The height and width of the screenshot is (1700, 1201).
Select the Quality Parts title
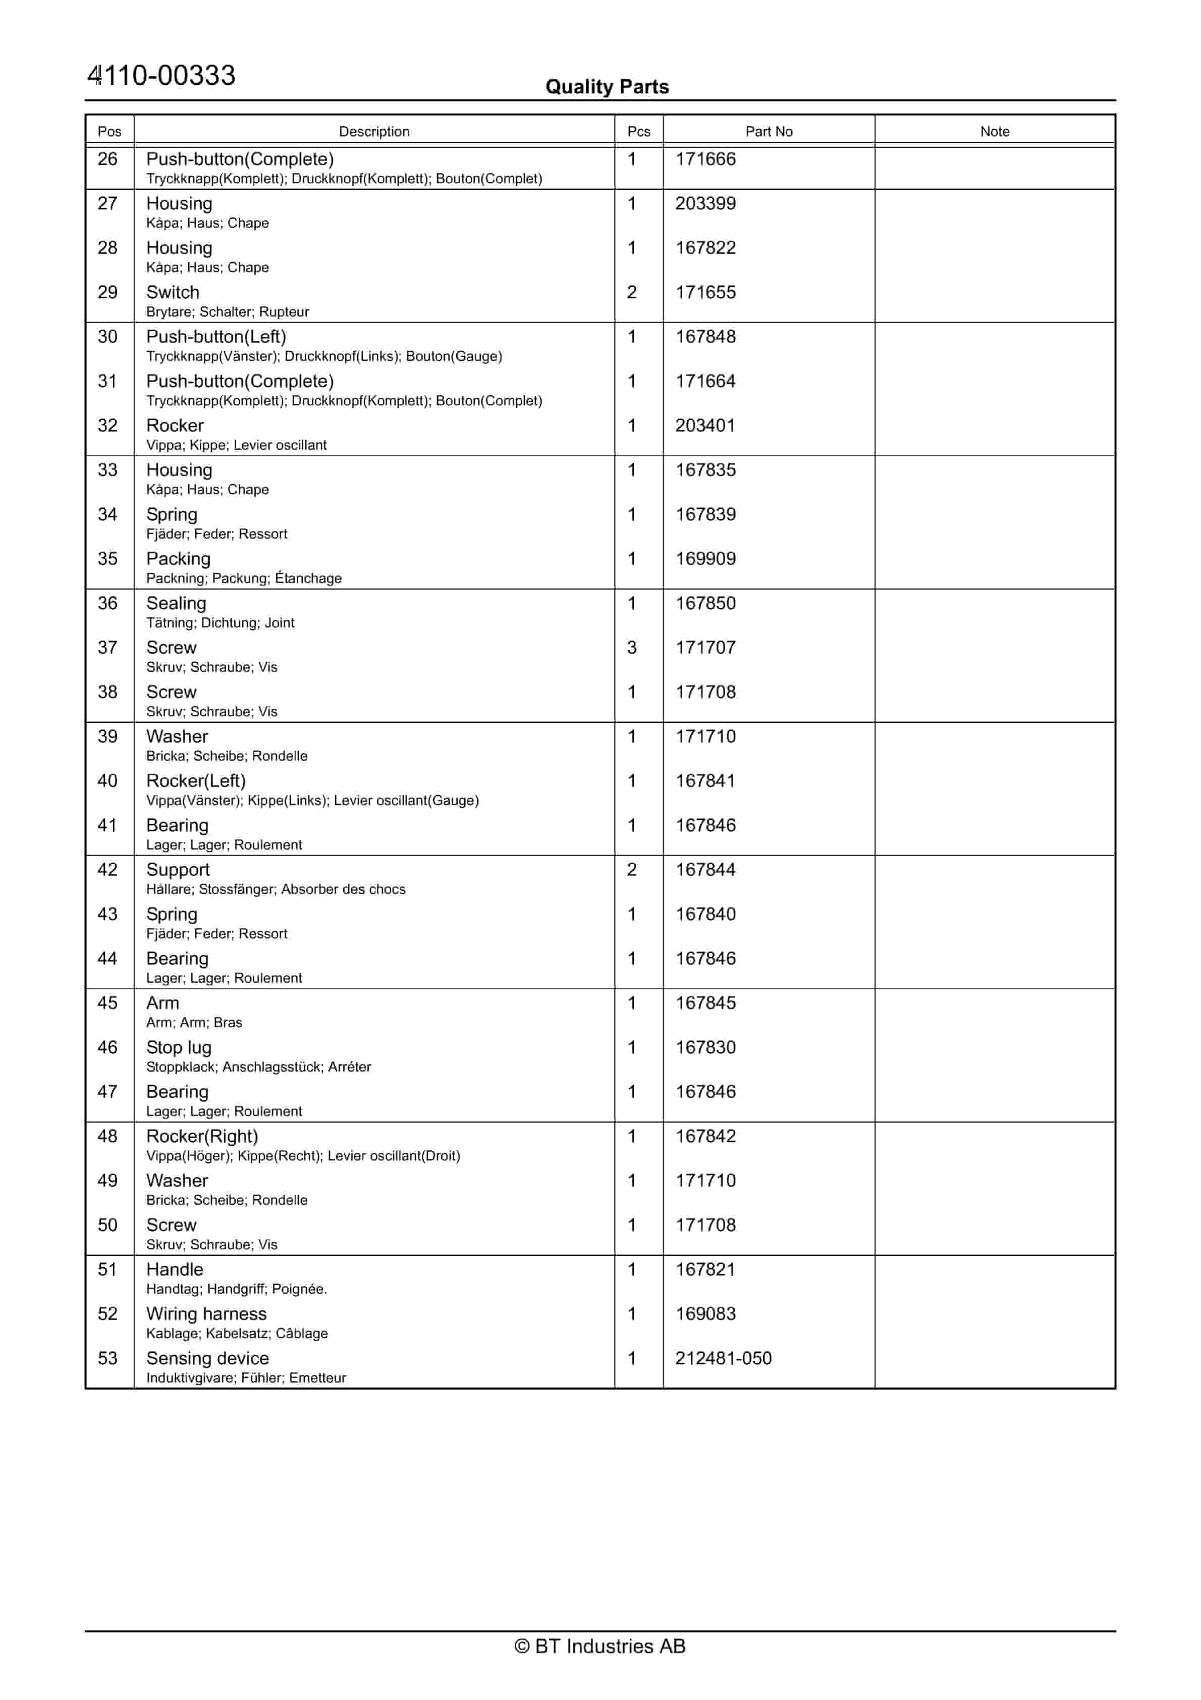(607, 87)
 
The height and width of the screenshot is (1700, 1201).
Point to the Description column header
(374, 131)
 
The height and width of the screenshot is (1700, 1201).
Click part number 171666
(705, 159)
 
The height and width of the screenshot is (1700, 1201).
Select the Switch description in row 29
(173, 292)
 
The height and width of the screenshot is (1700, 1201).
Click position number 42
(107, 870)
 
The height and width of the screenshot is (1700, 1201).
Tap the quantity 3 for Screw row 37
(632, 648)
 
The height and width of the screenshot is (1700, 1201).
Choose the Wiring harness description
(206, 1314)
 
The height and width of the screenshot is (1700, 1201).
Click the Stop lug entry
(179, 1048)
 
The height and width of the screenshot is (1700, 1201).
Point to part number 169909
(705, 559)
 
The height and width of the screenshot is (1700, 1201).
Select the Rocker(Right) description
(202, 1137)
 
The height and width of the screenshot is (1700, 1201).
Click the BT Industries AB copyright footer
(600, 1646)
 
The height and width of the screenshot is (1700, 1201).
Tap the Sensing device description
(207, 1359)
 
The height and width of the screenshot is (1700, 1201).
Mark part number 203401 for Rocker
(705, 426)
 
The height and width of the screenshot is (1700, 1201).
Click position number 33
(107, 470)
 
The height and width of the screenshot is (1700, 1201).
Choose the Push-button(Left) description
(215, 337)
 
